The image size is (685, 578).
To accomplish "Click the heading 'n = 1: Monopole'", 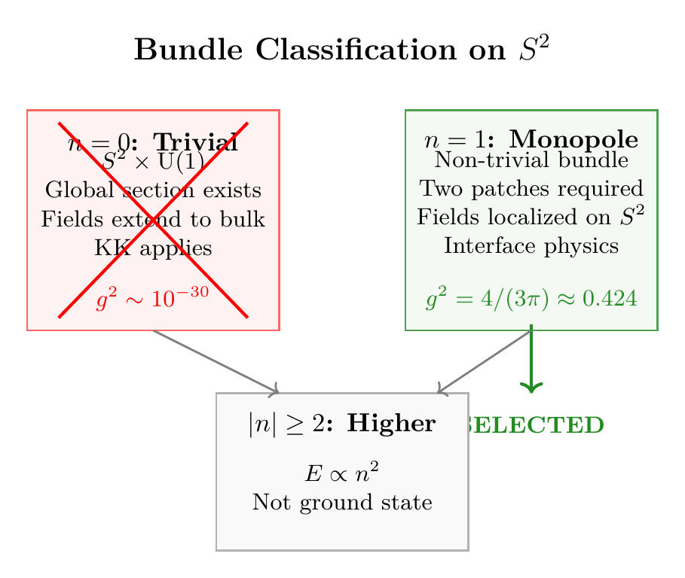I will [531, 140].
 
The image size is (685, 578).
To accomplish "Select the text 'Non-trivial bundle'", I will [531, 160].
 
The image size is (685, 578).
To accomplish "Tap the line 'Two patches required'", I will [531, 188].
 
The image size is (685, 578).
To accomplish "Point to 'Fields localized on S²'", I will [531, 217].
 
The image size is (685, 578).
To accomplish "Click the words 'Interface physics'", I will [531, 246].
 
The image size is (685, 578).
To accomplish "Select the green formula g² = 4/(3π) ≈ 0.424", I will [531, 299].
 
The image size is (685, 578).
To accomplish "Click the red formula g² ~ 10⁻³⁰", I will [153, 300].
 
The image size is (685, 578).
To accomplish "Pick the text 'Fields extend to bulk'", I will [153, 219].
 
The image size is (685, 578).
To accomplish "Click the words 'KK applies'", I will [153, 248].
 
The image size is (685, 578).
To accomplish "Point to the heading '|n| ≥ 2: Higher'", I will [342, 424].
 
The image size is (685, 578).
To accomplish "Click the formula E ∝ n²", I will [342, 473].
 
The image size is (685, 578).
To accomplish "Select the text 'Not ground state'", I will [342, 502].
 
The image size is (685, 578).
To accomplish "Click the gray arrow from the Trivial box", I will [216, 361].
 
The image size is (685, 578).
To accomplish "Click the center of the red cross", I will [153, 220].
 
